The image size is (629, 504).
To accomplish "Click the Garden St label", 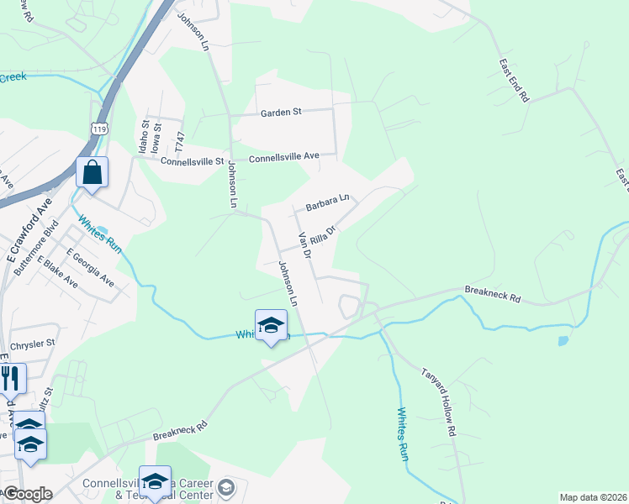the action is click(281, 112).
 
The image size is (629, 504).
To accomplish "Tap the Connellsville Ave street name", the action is click(284, 156).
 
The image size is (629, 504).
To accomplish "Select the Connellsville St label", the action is click(193, 161).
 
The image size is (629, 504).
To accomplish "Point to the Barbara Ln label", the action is click(326, 202).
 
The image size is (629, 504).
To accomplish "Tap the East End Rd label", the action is click(513, 81).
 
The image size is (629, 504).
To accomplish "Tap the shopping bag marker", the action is click(92, 174).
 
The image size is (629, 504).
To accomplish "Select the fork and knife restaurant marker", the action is click(10, 378).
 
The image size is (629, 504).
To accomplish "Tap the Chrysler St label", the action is click(32, 344).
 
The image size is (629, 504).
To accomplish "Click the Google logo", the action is click(28, 494).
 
